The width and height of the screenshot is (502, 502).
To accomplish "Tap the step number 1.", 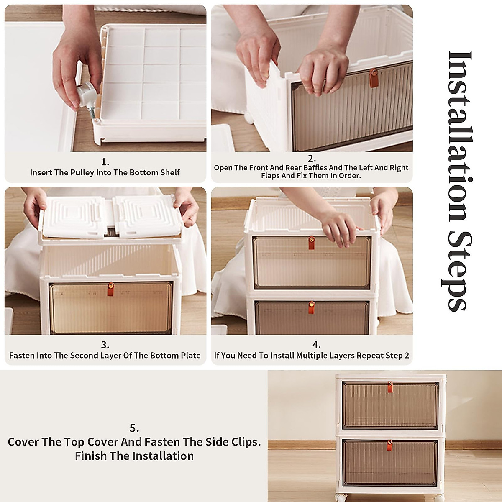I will [x=105, y=162].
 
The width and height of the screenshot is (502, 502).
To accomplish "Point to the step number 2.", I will [x=312, y=159].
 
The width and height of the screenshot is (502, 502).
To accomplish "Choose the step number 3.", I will [x=105, y=345].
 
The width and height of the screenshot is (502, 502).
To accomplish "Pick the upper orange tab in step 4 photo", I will [x=311, y=243].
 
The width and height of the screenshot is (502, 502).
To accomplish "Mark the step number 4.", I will [x=317, y=345].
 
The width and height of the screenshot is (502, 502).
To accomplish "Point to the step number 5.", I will [x=134, y=428].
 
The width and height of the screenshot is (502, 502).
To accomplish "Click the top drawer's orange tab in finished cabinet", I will [x=390, y=387].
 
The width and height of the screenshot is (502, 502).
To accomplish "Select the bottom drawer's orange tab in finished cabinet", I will [x=389, y=445].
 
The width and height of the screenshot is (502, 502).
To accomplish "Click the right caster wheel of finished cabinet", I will [x=439, y=498].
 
